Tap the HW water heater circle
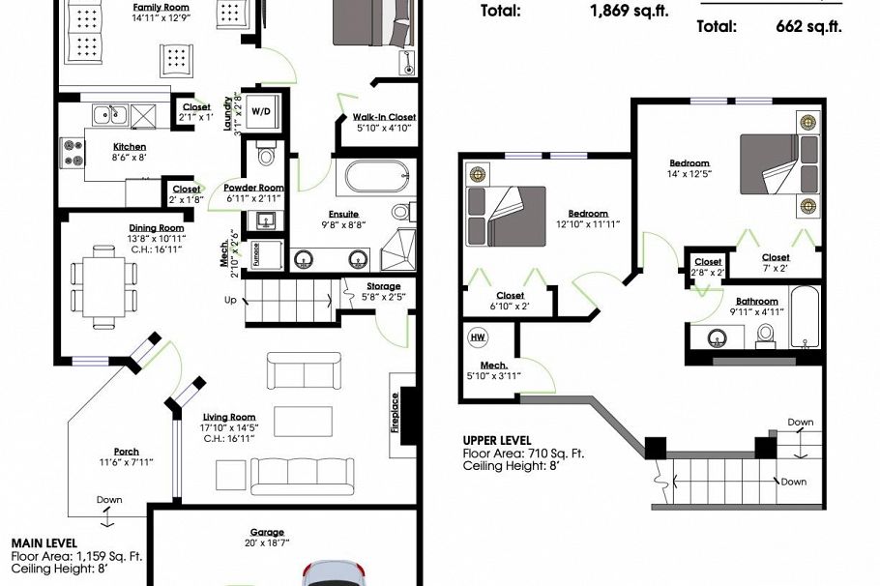[478, 337]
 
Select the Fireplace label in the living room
[396, 414]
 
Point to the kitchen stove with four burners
[73, 153]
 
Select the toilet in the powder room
[266, 155]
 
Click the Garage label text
[267, 532]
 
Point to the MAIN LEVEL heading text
[44, 543]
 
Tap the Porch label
[126, 452]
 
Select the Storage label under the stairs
[383, 286]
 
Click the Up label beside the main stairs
[229, 300]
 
